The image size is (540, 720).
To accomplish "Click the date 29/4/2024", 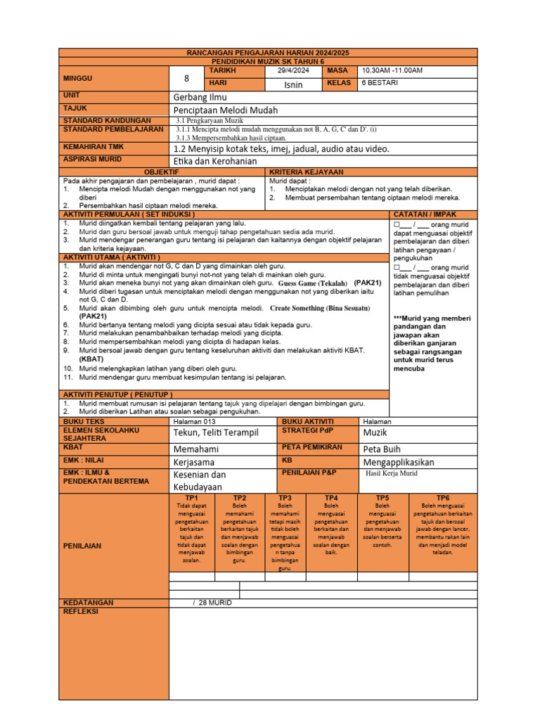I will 294,71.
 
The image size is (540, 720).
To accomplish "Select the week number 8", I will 186,79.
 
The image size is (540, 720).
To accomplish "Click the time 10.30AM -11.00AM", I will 392,71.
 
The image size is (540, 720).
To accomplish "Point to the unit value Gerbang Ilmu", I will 200,97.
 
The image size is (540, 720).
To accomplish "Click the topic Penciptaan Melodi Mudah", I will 226,110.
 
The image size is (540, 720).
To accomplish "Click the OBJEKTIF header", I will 162,172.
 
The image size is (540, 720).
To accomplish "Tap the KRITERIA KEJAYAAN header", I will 307,172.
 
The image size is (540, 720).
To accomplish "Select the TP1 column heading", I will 191,498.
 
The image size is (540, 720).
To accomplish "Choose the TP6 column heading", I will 442,498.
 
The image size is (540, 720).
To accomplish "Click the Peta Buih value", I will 382,449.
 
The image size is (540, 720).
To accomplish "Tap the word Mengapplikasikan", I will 399,462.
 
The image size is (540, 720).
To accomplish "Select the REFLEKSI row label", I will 81,612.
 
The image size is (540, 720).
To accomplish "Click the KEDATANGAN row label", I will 88,603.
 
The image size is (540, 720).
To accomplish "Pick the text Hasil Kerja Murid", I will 392,475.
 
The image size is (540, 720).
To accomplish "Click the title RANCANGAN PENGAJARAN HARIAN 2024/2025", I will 268,53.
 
